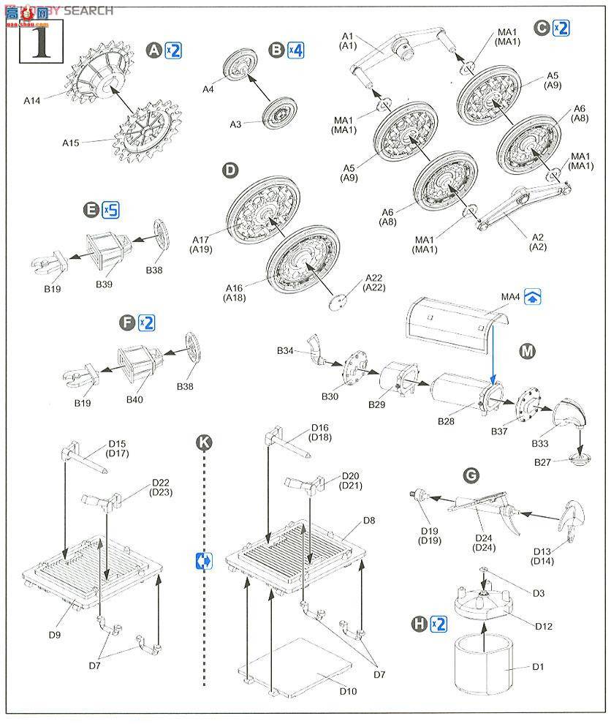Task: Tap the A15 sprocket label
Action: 70,143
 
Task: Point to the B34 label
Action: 286,352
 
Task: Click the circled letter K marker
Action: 205,441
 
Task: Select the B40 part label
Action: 134,399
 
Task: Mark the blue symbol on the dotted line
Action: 205,561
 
